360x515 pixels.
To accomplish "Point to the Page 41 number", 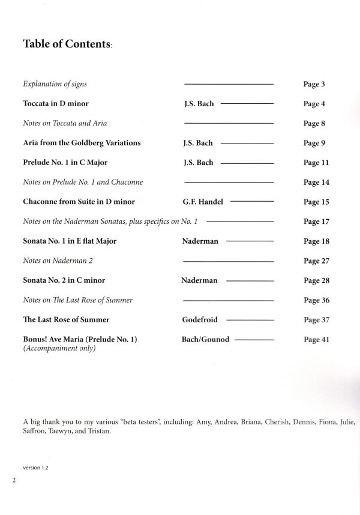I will click(x=316, y=340).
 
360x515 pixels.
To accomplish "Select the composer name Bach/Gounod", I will click(x=205, y=340).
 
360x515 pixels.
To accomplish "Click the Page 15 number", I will click(x=316, y=202).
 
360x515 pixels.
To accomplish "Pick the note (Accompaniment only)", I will click(x=59, y=349).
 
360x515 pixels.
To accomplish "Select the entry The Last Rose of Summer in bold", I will click(x=66, y=320).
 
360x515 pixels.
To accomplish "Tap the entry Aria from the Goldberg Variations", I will click(x=82, y=143).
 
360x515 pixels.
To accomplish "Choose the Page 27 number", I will click(x=316, y=261).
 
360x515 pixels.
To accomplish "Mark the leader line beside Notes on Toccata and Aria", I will click(x=228, y=124).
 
